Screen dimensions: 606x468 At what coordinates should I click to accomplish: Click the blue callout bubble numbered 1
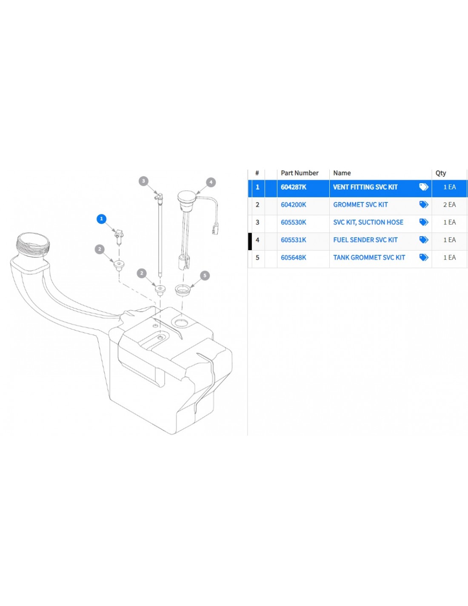[101, 219]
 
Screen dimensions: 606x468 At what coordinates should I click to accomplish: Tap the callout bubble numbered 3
[143, 181]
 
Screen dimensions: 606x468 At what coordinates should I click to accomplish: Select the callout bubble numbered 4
[211, 182]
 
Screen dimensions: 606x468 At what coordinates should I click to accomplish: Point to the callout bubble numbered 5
[205, 275]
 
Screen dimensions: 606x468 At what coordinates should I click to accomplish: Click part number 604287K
[293, 187]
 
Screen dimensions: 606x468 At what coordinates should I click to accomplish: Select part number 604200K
[293, 205]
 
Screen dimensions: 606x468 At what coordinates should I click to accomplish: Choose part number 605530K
[293, 222]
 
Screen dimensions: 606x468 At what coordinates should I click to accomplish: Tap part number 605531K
[293, 240]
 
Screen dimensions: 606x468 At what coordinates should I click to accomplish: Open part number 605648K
[293, 257]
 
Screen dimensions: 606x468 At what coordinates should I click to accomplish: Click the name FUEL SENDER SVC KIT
[365, 240]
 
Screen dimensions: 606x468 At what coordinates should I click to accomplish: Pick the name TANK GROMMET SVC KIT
[369, 257]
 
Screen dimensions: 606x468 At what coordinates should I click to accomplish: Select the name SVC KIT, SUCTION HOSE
[368, 222]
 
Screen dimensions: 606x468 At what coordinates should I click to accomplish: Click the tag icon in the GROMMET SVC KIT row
[423, 205]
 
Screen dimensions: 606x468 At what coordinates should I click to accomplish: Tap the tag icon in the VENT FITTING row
[423, 187]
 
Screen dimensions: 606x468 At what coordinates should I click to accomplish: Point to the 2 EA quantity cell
[449, 205]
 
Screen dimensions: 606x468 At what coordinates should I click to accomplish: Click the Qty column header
[440, 173]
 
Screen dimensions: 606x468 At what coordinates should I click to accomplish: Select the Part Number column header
[300, 173]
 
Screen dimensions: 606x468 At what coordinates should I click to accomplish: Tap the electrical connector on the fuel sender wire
[215, 228]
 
